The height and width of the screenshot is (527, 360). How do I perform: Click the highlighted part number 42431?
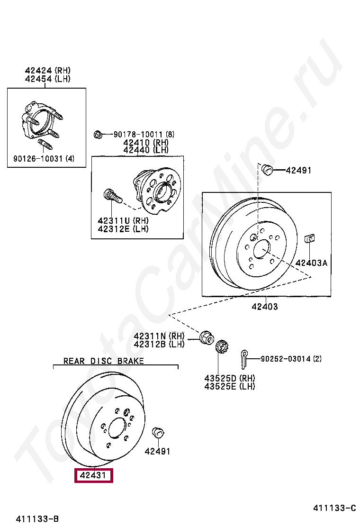click(93, 475)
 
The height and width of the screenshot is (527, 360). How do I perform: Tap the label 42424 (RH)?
click(48, 70)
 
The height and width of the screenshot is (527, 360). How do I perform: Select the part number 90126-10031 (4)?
click(44, 158)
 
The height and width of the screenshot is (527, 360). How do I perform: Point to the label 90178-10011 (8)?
click(144, 135)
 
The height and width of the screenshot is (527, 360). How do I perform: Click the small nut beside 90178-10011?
click(98, 135)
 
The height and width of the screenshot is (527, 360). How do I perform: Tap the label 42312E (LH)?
click(123, 229)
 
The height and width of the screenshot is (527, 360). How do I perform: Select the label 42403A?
click(311, 263)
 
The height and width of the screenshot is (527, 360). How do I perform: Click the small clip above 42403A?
click(310, 238)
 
